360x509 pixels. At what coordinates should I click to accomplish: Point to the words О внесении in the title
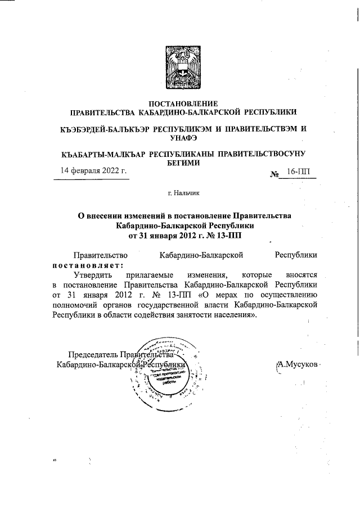point(100,215)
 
